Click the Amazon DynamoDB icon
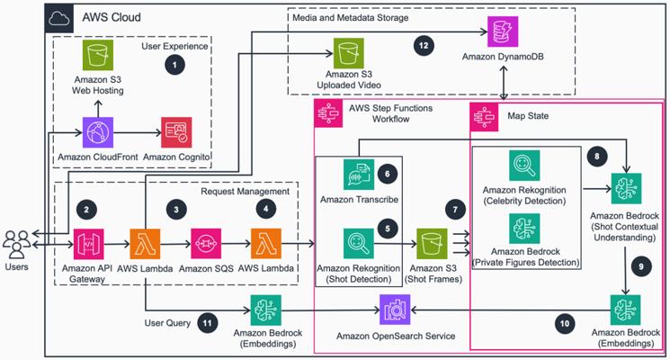[503, 31]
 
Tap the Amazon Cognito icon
[176, 132]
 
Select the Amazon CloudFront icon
[98, 132]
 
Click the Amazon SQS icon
[206, 244]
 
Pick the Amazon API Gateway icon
[88, 244]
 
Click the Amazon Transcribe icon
[359, 175]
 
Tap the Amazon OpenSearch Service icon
[395, 310]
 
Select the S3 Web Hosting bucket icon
[98, 55]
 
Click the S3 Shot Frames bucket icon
[432, 244]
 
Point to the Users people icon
[17, 244]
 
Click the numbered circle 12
[424, 45]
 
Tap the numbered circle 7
[455, 210]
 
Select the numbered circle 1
[174, 65]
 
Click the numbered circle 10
[565, 324]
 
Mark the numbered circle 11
[207, 323]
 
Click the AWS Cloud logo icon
[59, 18]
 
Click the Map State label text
[528, 116]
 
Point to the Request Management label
[246, 191]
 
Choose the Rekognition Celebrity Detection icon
[524, 166]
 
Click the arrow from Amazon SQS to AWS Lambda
[236, 244]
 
